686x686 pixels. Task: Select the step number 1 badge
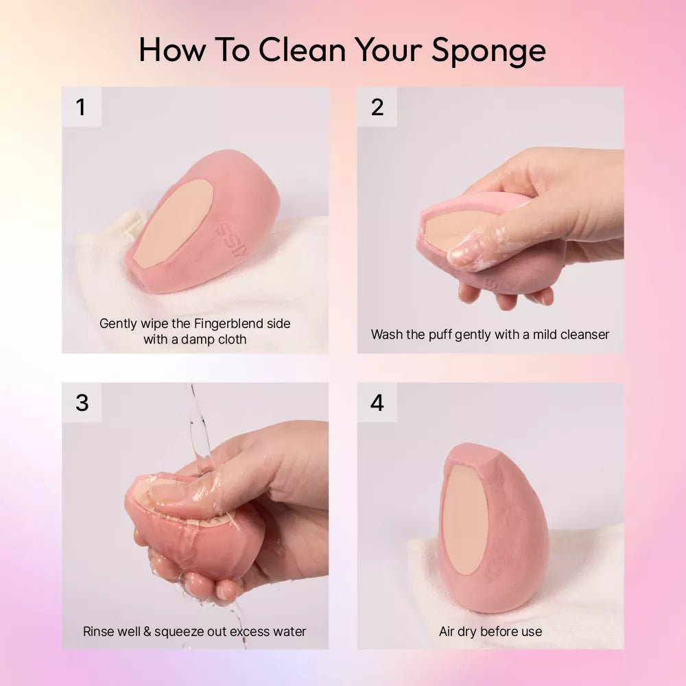point(82,107)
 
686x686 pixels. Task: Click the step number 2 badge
point(377,107)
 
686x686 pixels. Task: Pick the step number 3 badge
point(82,403)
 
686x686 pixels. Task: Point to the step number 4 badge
point(377,403)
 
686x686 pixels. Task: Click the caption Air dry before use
point(490,631)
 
